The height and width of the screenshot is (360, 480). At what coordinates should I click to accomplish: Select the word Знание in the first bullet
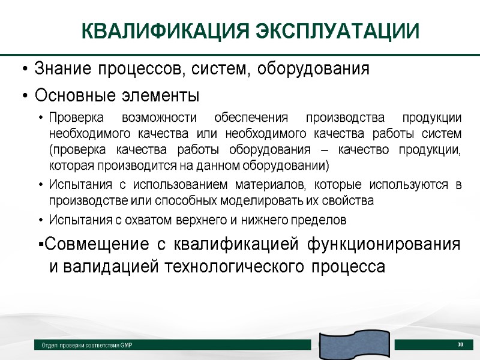tap(61, 69)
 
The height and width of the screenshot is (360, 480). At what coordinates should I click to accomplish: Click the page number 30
tap(461, 344)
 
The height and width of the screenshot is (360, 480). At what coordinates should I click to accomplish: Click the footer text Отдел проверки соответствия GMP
tap(87, 346)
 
